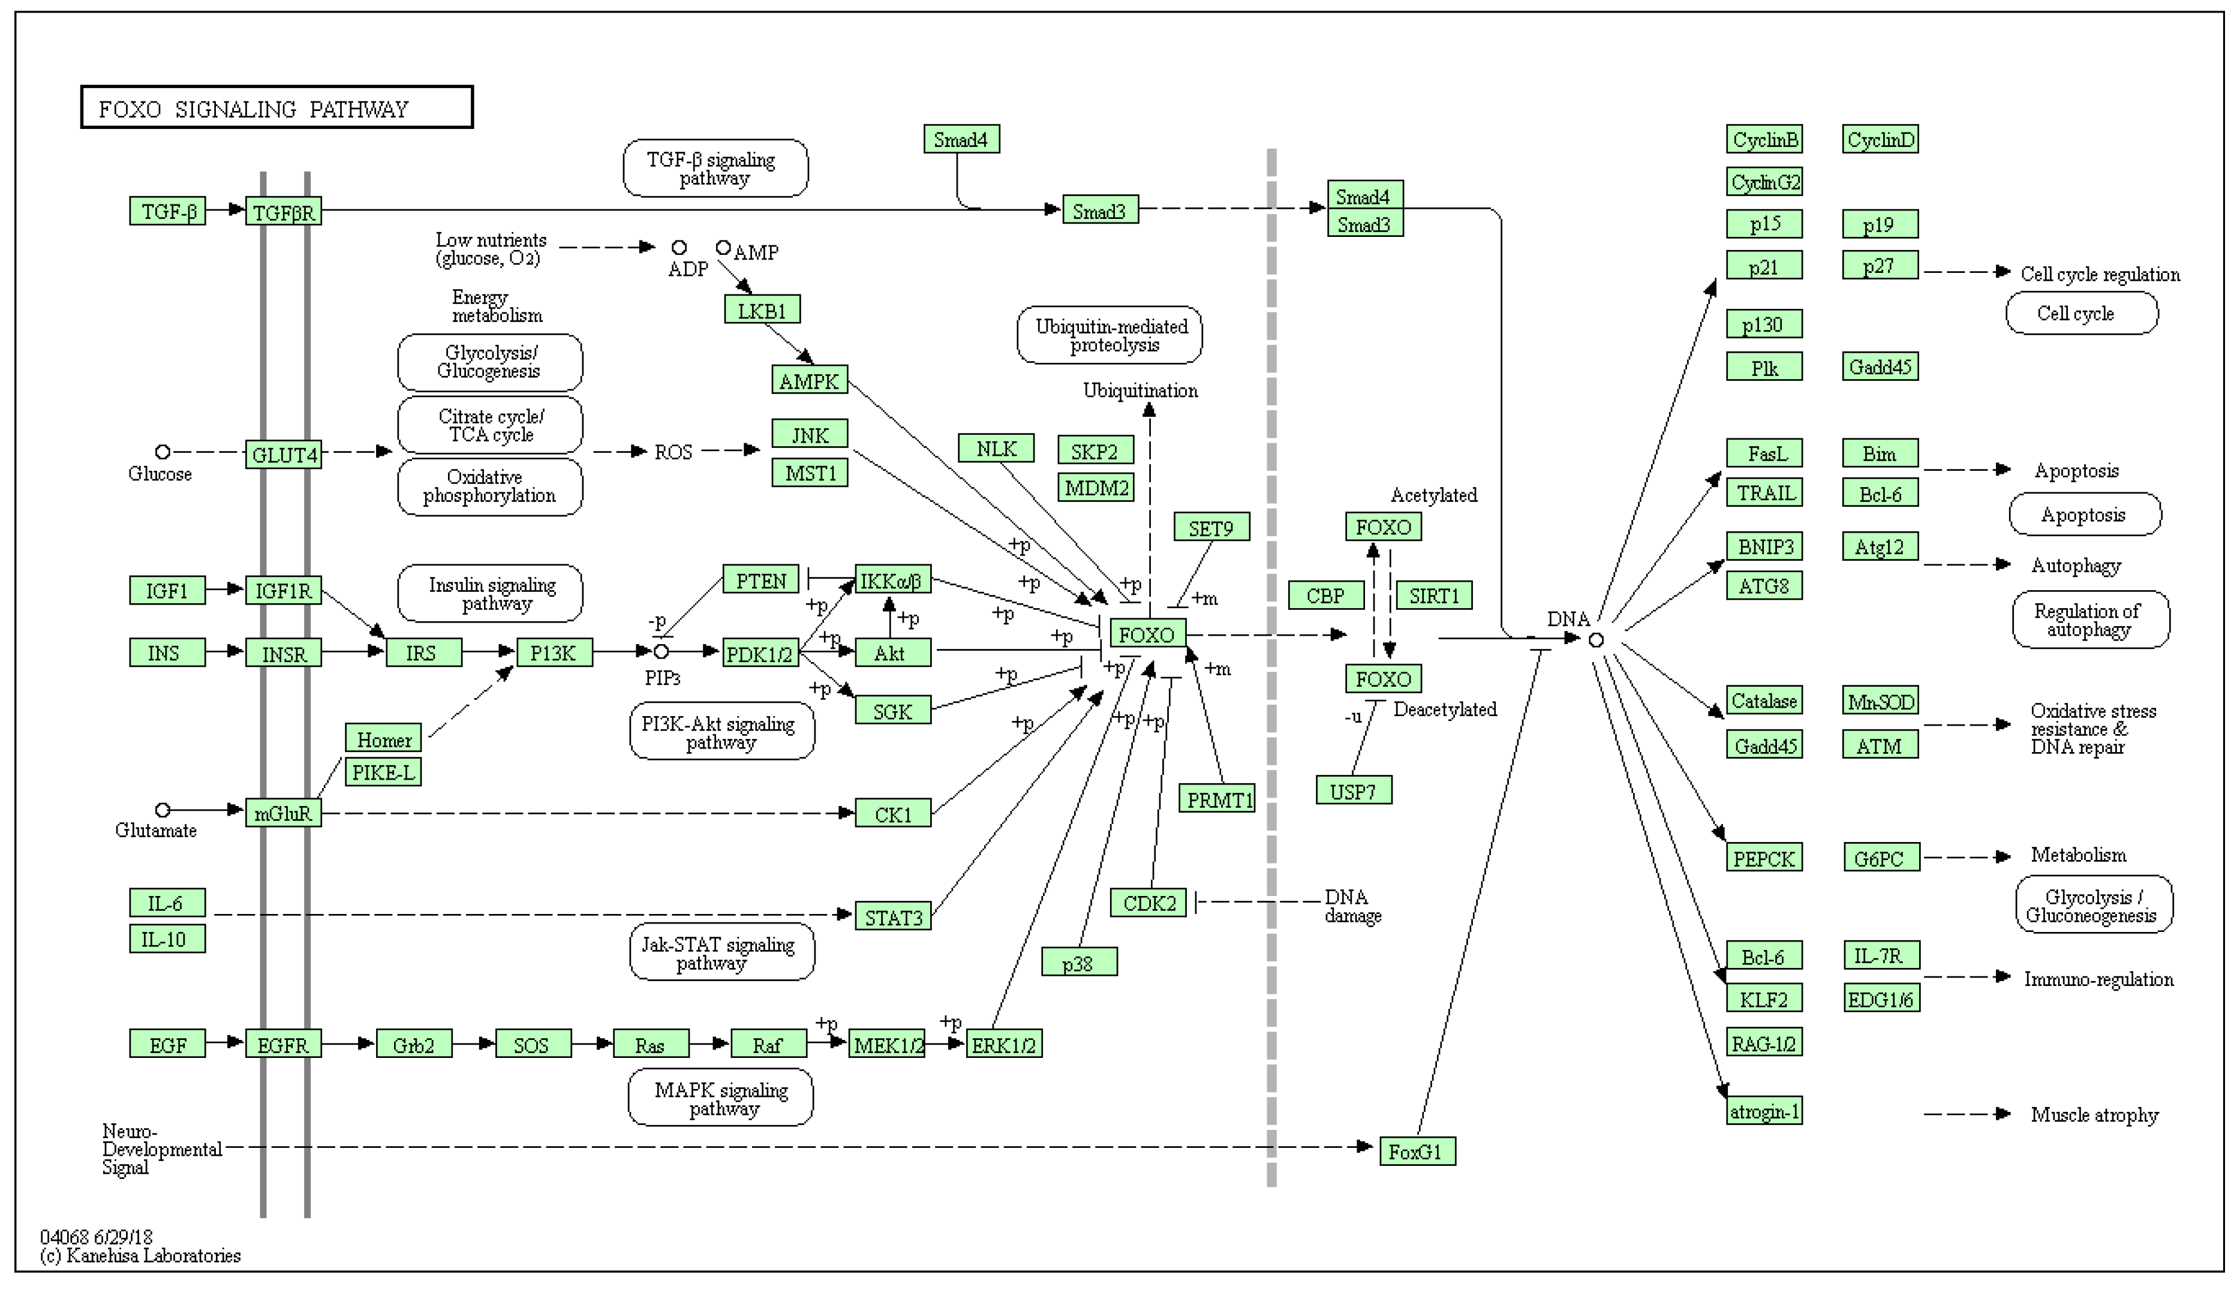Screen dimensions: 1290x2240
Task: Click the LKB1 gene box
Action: pyautogui.click(x=762, y=310)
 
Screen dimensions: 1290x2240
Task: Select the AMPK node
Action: pyautogui.click(x=808, y=381)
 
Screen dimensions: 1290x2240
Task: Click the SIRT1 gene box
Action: pyautogui.click(x=1433, y=596)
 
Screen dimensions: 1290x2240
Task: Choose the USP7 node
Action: pyautogui.click(x=1354, y=790)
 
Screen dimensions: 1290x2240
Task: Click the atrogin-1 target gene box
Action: pyautogui.click(x=1764, y=1111)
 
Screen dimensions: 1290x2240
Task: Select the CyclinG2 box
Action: pyautogui.click(x=1764, y=182)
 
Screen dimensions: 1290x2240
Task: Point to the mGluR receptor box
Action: pyautogui.click(x=284, y=813)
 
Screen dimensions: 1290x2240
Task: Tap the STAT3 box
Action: pyautogui.click(x=893, y=917)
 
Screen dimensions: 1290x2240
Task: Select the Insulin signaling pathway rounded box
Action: pyautogui.click(x=491, y=594)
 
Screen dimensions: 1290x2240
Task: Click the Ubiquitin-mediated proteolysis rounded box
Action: pyautogui.click(x=1110, y=335)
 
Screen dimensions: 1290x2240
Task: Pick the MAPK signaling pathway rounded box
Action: pyautogui.click(x=721, y=1099)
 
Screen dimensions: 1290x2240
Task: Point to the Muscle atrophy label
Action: pyautogui.click(x=2094, y=1114)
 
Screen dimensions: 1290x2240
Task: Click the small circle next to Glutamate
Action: pyautogui.click(x=162, y=810)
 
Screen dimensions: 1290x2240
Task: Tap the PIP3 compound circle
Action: pyautogui.click(x=661, y=652)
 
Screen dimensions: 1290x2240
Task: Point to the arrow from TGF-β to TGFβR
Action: pyautogui.click(x=227, y=210)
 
